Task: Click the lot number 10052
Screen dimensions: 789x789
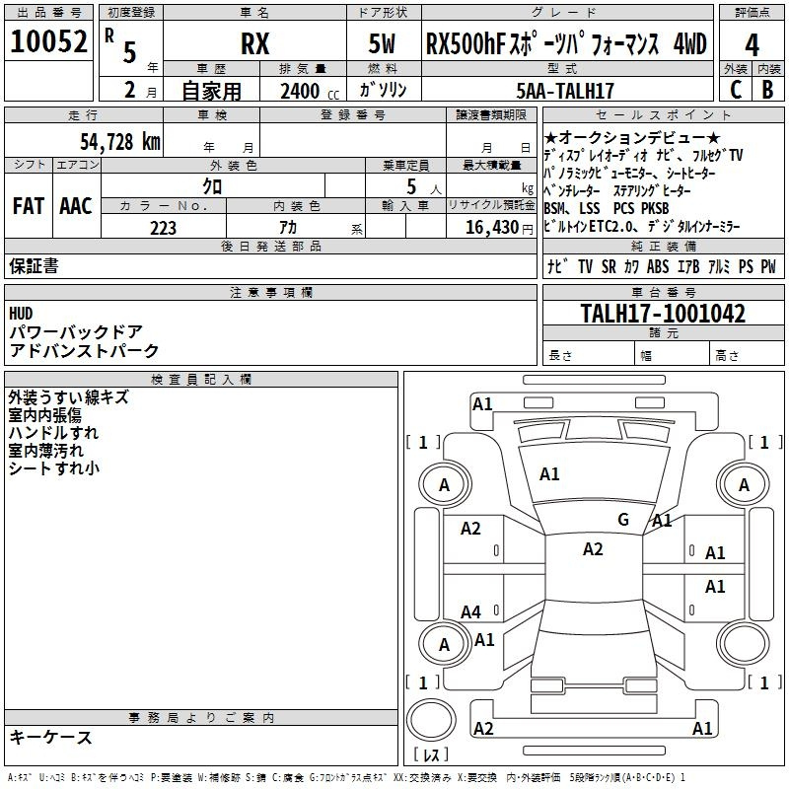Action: point(48,43)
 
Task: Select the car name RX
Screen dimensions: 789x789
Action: point(254,45)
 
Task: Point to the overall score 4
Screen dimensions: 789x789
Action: point(752,45)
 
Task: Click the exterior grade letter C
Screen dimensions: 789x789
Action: point(735,90)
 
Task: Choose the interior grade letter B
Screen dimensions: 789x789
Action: point(767,90)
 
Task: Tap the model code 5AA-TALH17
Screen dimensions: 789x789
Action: point(565,91)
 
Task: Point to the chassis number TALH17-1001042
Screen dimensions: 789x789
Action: point(662,314)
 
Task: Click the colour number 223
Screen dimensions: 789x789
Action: point(163,228)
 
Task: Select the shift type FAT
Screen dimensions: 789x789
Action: point(28,206)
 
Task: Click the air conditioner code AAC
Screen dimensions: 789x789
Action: point(75,206)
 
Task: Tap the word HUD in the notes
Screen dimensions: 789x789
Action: point(21,314)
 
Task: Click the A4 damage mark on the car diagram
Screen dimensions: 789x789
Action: point(470,612)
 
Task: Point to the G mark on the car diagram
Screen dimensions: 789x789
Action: point(622,519)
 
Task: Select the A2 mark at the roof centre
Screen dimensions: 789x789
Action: point(592,549)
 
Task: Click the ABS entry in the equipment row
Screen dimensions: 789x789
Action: point(658,266)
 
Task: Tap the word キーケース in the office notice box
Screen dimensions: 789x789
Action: point(50,737)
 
